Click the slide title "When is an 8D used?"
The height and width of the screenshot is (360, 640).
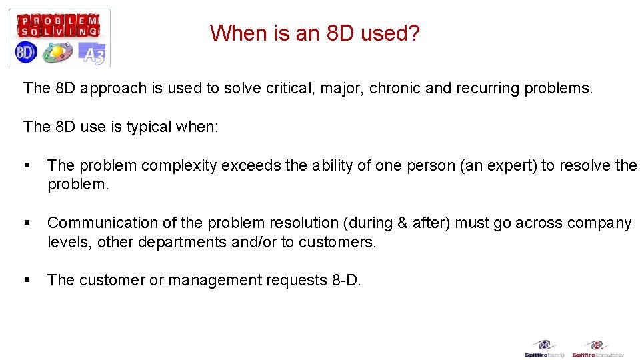315,33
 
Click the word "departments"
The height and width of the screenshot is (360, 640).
182,242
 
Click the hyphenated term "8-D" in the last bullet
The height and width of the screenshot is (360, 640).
345,280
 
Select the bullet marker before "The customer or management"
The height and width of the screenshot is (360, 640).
27,281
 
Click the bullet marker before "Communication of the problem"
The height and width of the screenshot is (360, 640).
27,223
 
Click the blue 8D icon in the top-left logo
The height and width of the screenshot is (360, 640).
25,53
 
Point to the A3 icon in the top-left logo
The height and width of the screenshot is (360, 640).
92,53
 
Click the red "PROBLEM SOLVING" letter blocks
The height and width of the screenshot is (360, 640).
59,25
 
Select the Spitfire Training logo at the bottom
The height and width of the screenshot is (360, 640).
545,349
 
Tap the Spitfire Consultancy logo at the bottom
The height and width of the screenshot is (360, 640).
597,349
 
